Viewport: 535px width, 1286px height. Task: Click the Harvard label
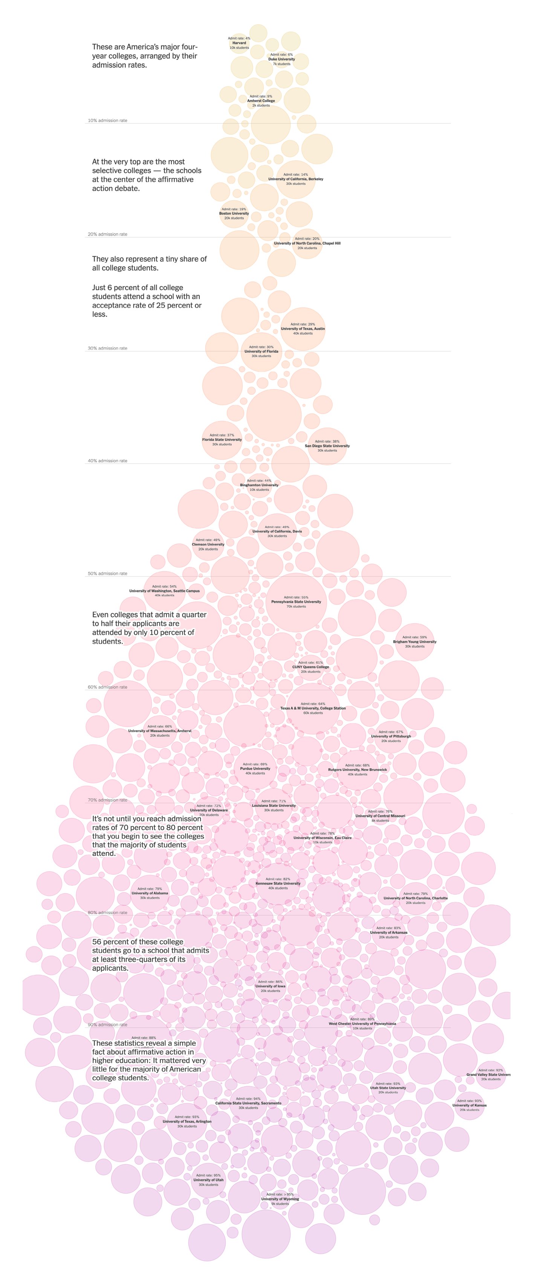(x=239, y=43)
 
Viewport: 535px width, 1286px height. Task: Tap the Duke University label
(x=281, y=59)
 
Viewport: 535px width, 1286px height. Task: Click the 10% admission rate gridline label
(x=107, y=120)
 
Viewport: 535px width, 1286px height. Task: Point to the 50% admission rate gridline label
(x=107, y=573)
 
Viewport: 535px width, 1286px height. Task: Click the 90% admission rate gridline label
(x=107, y=1024)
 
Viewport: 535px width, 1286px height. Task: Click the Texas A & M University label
(x=313, y=708)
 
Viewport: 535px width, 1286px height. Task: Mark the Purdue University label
(x=255, y=768)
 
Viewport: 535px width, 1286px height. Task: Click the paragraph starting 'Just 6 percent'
(x=147, y=300)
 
